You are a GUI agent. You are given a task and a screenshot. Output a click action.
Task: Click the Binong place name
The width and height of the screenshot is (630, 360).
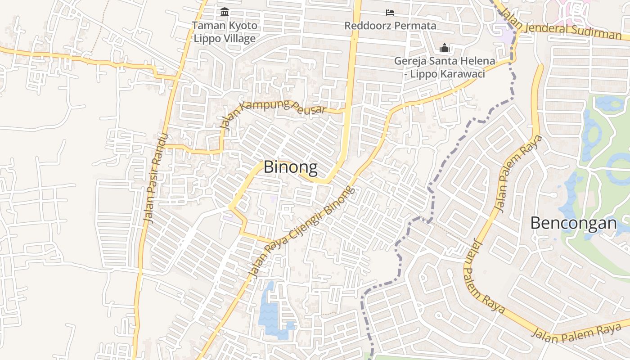[x=290, y=167]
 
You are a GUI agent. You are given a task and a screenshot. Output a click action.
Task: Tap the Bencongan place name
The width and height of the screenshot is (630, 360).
[x=573, y=223]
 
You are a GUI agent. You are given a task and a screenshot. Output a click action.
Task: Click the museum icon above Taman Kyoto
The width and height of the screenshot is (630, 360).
[x=225, y=12]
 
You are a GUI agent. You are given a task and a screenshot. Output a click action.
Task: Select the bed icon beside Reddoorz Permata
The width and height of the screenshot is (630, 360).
[x=390, y=13]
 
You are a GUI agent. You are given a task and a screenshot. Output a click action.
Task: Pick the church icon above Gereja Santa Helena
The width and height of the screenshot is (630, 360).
[x=445, y=47]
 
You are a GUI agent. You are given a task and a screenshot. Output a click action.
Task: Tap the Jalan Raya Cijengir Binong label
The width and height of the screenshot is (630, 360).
[x=301, y=232]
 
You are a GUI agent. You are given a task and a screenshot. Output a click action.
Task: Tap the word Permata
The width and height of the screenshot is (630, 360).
[x=414, y=26]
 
